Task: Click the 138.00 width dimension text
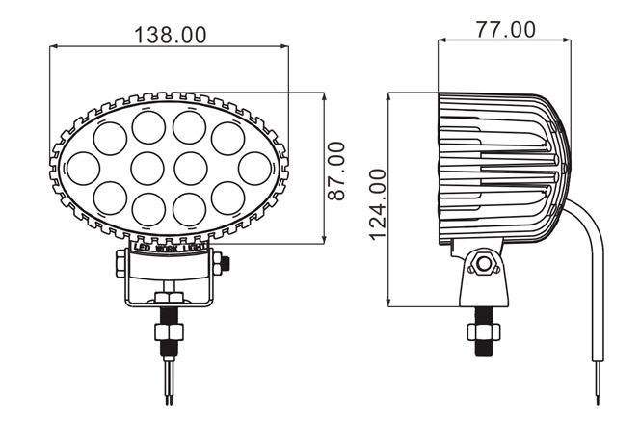point(171,35)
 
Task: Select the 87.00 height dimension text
point(336,171)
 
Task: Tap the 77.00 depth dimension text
point(506,29)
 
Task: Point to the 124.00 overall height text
point(378,205)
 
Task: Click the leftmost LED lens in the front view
point(83,169)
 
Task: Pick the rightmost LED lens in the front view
point(254,169)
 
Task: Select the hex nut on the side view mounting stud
point(483,331)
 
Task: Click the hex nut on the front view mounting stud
point(169,331)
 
